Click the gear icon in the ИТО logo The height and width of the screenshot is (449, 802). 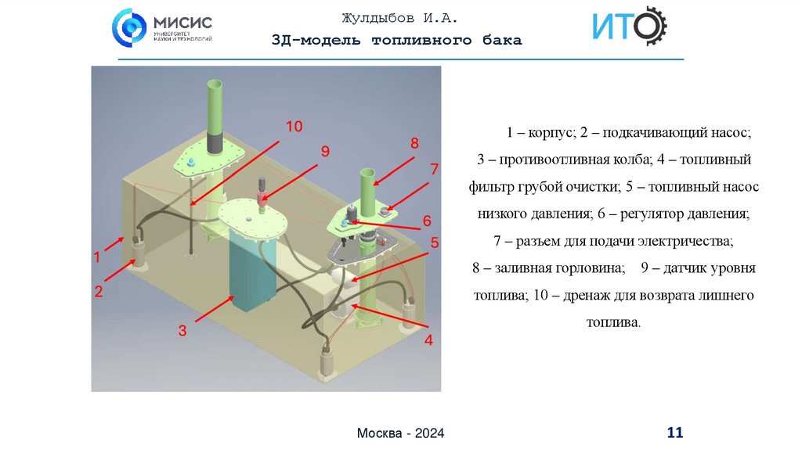click(649, 27)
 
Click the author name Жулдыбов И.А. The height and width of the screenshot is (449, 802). click(399, 18)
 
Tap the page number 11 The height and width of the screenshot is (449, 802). click(674, 432)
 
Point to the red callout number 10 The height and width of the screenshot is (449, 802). click(293, 125)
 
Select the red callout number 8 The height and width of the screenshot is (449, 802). click(414, 143)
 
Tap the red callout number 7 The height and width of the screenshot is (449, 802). click(434, 168)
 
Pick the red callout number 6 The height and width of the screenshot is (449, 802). click(428, 221)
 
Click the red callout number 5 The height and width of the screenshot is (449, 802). click(434, 242)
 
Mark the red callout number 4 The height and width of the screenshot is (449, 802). click(428, 340)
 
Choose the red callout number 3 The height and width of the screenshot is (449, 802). click(182, 331)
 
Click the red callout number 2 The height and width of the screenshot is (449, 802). click(99, 293)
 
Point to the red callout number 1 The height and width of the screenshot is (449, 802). click(97, 256)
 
